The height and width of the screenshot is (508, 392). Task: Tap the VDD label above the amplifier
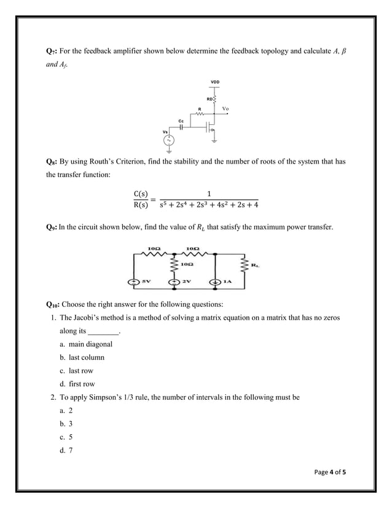tap(215, 82)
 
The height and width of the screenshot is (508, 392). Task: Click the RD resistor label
tap(210, 98)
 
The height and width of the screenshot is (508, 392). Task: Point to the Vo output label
tap(225, 109)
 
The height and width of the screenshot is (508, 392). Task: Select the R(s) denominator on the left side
tap(141, 205)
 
